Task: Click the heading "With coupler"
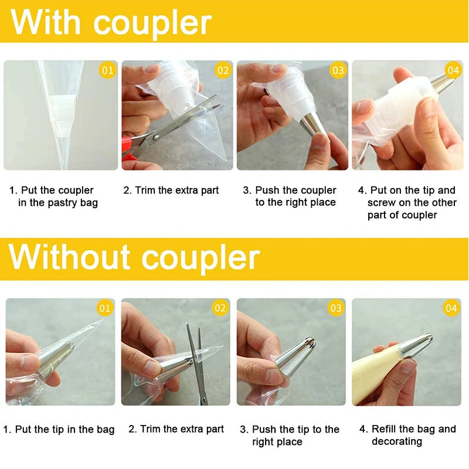coord(111,22)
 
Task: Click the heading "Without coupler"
coord(134,257)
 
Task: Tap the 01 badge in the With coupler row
coord(107,71)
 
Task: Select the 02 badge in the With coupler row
coord(223,71)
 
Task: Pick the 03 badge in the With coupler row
coord(338,71)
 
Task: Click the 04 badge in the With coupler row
coord(453,71)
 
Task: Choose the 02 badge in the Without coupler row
coord(220,308)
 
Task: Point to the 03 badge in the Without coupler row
coord(336,308)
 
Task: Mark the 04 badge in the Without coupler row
coord(451,308)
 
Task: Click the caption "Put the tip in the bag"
coord(59,430)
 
